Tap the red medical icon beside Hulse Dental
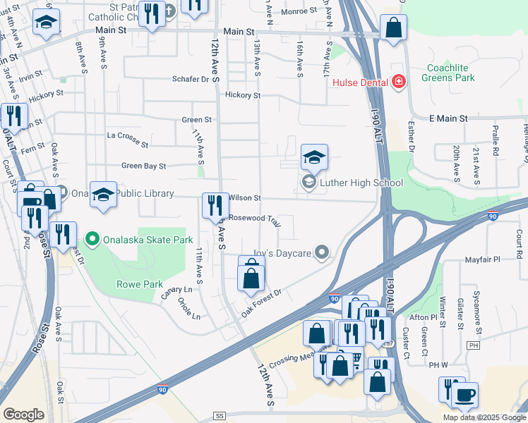point(399,82)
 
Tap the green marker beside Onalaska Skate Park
point(91,240)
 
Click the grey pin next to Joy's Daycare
point(323,252)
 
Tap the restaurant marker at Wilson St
point(215,206)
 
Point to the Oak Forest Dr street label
point(263,302)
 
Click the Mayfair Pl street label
point(482,260)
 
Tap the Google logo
point(23,415)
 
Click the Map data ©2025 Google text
point(484,417)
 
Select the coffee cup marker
point(465,395)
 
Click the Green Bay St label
point(143,166)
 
